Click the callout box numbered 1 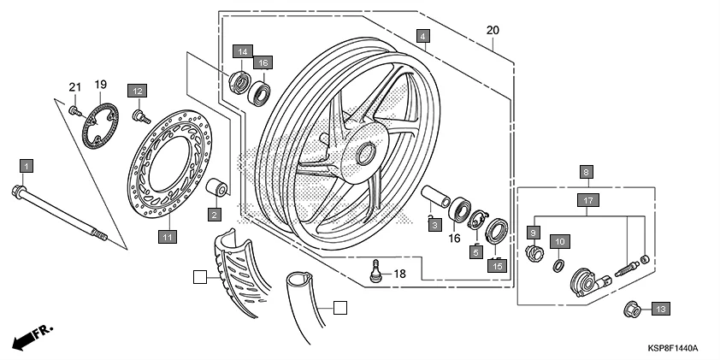pos(27,165)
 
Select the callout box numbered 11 pos(168,236)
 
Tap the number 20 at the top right pos(492,31)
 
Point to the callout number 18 pos(400,274)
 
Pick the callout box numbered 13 pos(661,308)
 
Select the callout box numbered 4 pos(423,36)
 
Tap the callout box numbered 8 pos(587,172)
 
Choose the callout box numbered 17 pos(587,201)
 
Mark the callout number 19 pos(100,85)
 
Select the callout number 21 pos(74,86)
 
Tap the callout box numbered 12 pos(138,90)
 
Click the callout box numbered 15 pos(496,266)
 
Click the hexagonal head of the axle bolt pos(19,191)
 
